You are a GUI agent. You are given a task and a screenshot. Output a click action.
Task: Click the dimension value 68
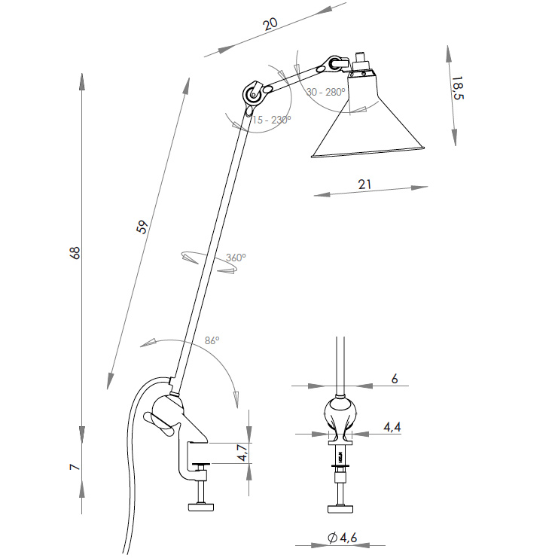click(75, 253)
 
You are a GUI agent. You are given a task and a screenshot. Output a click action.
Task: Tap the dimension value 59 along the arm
click(142, 227)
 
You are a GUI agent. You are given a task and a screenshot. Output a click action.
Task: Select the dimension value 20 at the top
click(270, 23)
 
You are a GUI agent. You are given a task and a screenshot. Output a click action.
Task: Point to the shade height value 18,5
click(457, 88)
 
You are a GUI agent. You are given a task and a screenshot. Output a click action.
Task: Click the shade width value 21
click(364, 184)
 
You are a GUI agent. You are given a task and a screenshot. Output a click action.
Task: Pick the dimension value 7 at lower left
click(75, 467)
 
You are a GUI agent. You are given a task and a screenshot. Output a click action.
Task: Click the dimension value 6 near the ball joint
click(395, 379)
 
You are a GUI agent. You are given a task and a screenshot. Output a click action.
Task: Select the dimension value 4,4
click(392, 427)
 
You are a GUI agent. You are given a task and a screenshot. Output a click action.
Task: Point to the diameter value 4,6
click(343, 538)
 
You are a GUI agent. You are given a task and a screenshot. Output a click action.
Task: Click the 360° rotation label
click(236, 258)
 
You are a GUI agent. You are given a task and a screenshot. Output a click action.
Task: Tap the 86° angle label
click(212, 340)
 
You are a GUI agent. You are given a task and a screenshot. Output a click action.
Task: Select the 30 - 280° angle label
click(325, 92)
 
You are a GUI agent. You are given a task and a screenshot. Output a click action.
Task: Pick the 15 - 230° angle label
click(273, 120)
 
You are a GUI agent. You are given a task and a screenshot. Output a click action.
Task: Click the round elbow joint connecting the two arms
click(253, 94)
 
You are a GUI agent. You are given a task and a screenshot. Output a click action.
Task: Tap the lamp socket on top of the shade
click(361, 63)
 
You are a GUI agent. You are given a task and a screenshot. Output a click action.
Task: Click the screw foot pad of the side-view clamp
click(201, 506)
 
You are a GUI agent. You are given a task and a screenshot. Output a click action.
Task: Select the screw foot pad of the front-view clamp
click(341, 508)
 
